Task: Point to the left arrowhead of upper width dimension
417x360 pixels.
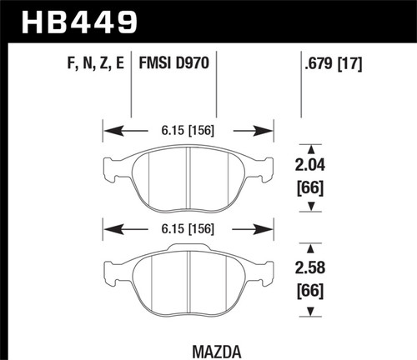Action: click(x=107, y=129)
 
